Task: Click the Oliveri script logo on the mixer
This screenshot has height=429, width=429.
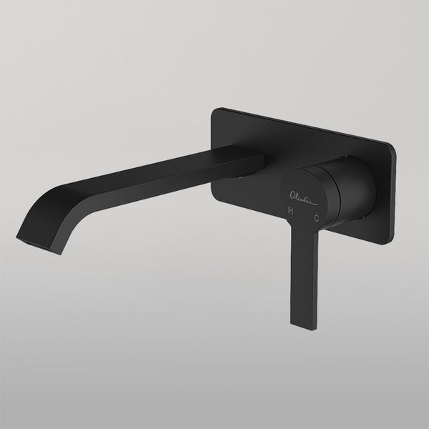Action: click(302, 194)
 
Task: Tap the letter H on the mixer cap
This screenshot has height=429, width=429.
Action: click(290, 210)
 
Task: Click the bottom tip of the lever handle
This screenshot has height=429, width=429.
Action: click(302, 326)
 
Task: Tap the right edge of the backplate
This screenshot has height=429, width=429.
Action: click(393, 193)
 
